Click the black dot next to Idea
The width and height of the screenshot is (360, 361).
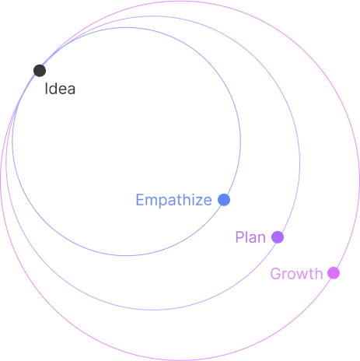pos(40,71)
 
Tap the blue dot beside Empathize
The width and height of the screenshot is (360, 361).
pos(224,200)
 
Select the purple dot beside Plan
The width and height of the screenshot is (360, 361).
pos(278,237)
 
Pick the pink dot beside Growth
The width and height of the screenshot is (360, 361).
pos(334,273)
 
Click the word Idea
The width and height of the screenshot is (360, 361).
pos(60,89)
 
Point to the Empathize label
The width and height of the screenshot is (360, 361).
pos(174,200)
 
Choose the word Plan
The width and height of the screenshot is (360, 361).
pos(250,237)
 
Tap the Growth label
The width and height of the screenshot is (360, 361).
pos(296,274)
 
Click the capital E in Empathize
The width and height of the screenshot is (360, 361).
pos(140,200)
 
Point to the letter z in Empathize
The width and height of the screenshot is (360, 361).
pos(197,202)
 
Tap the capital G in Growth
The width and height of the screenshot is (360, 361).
pos(276,274)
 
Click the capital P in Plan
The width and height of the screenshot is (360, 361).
pos(239,237)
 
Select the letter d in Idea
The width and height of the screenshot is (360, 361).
pos(54,89)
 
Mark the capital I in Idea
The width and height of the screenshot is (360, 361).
pos(46,89)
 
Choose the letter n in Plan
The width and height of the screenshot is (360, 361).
pos(262,239)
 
